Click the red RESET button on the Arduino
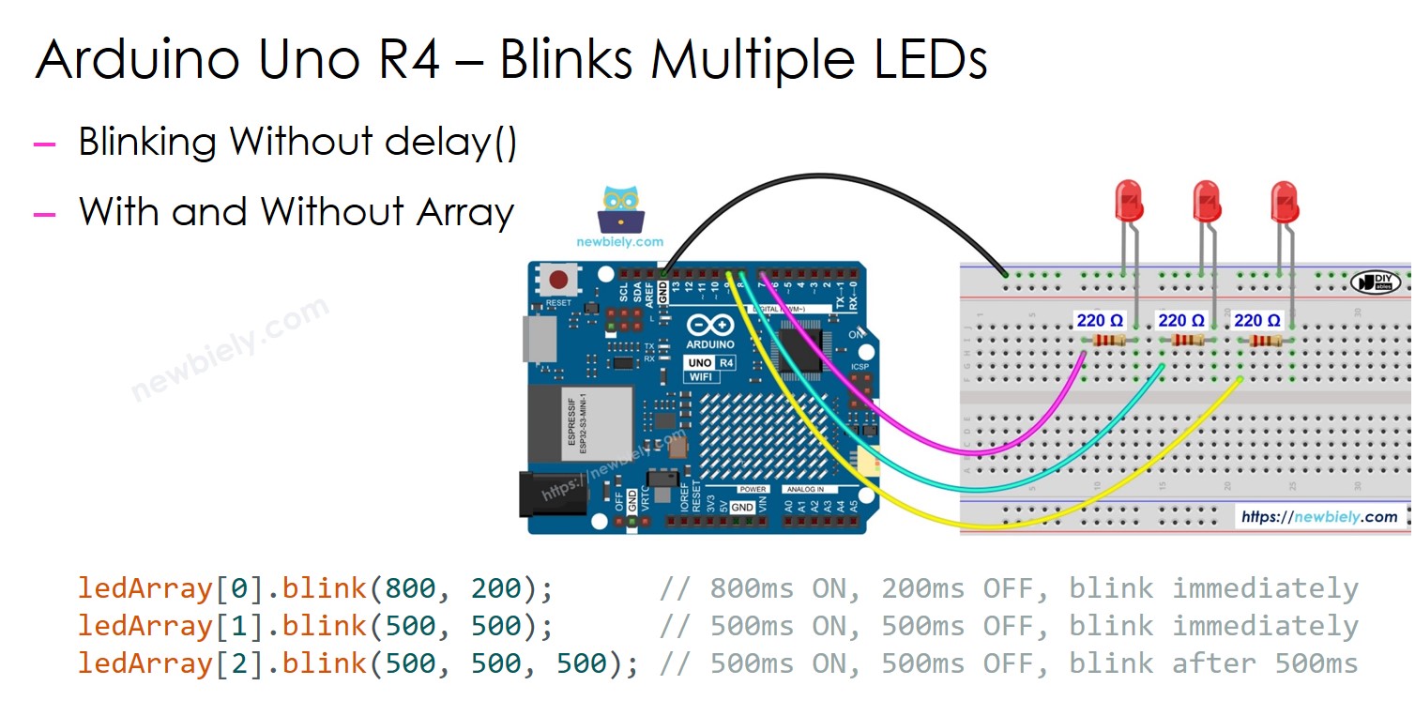point(559,281)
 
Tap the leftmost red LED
point(1128,201)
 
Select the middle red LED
point(1206,201)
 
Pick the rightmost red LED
point(1284,201)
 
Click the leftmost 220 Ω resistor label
point(1100,321)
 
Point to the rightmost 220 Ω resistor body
point(1265,343)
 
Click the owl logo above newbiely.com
point(619,210)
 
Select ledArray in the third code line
point(145,664)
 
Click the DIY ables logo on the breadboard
point(1375,282)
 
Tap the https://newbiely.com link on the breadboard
point(1318,517)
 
